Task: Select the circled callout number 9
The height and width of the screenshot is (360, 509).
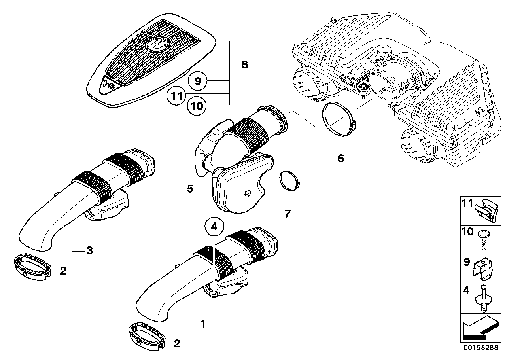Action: (x=198, y=81)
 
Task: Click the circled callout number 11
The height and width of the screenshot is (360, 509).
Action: (x=176, y=95)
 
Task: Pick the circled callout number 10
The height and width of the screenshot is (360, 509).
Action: (x=197, y=106)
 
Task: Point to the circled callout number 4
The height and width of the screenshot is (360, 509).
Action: (x=214, y=226)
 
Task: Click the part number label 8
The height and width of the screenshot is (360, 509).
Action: (x=244, y=64)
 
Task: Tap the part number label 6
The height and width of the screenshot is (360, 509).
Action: (x=341, y=158)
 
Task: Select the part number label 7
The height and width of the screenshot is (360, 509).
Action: (x=287, y=214)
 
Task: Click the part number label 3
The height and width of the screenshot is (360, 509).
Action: (x=90, y=250)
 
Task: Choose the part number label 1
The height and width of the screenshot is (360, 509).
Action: (x=202, y=324)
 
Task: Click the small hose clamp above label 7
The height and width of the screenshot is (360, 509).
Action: (x=290, y=181)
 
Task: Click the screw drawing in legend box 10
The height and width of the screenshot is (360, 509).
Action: (x=483, y=240)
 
